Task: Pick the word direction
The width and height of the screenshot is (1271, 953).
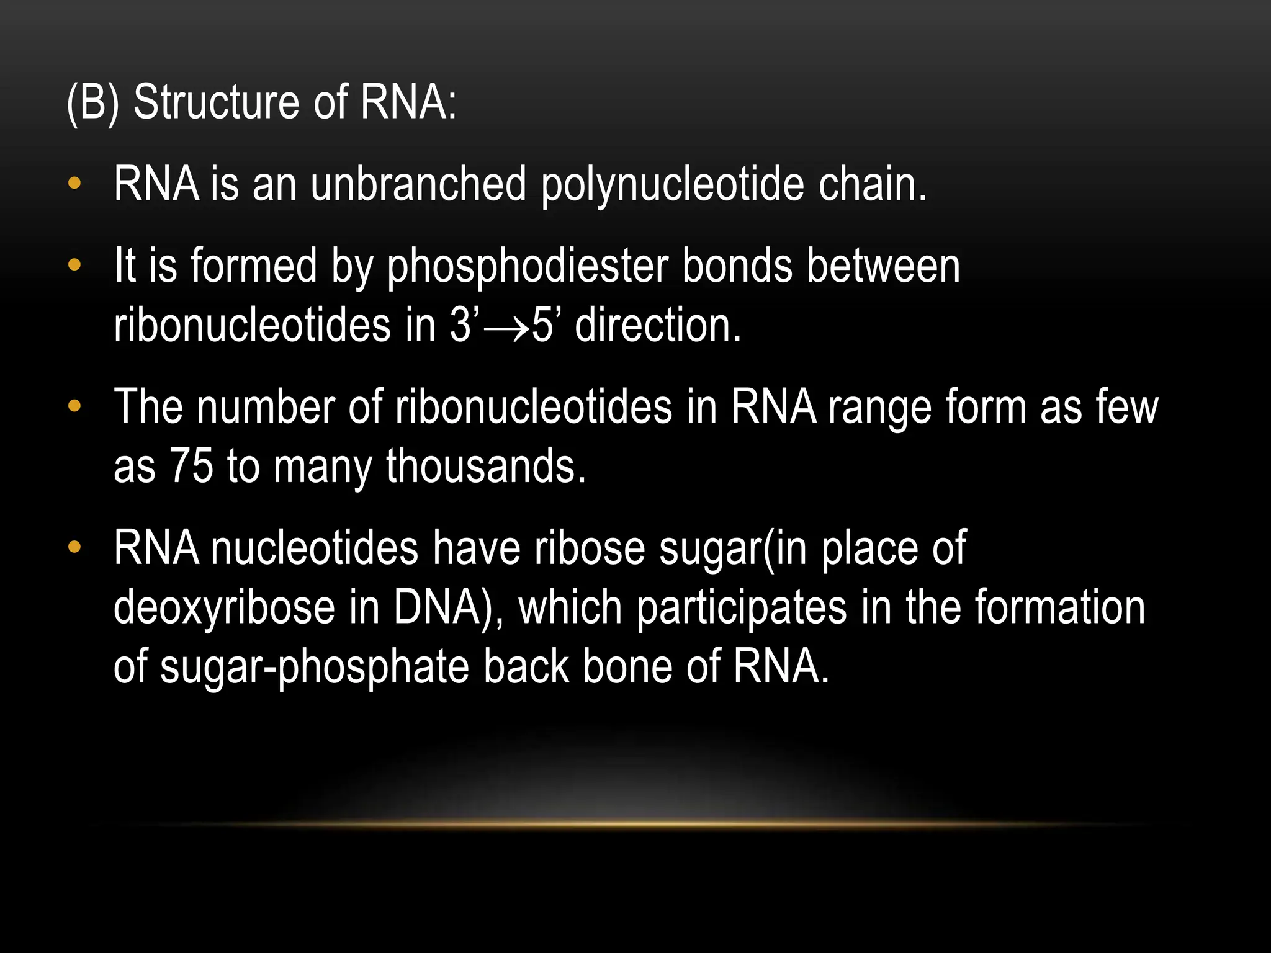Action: [658, 326]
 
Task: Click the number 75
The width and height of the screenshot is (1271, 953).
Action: [191, 467]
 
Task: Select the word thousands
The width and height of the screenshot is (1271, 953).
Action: [486, 467]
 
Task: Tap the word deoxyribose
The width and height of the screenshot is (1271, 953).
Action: [224, 607]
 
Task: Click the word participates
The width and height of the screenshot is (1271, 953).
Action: [742, 609]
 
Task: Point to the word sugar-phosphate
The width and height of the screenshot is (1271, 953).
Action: [314, 668]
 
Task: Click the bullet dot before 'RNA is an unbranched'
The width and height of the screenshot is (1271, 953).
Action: [74, 184]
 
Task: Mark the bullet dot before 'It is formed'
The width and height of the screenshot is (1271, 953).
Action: [74, 266]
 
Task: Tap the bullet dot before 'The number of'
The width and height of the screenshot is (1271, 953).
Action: [74, 407]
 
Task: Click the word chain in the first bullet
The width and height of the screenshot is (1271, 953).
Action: [872, 184]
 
